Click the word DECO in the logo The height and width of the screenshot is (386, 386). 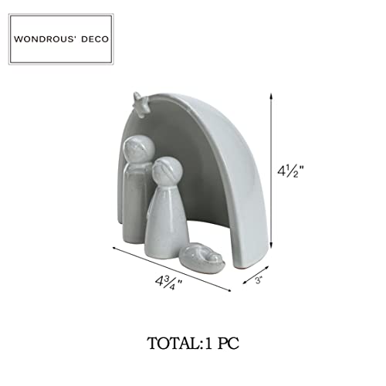tap(95, 39)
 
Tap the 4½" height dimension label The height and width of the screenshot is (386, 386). tap(290, 171)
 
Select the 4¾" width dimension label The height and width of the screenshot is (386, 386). tap(168, 283)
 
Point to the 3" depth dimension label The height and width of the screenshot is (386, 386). tap(259, 280)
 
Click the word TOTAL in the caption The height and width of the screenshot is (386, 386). tap(172, 344)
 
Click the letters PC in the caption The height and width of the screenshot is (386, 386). tap(229, 344)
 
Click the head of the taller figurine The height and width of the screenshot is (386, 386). tap(139, 150)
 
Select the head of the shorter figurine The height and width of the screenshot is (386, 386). tap(167, 171)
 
